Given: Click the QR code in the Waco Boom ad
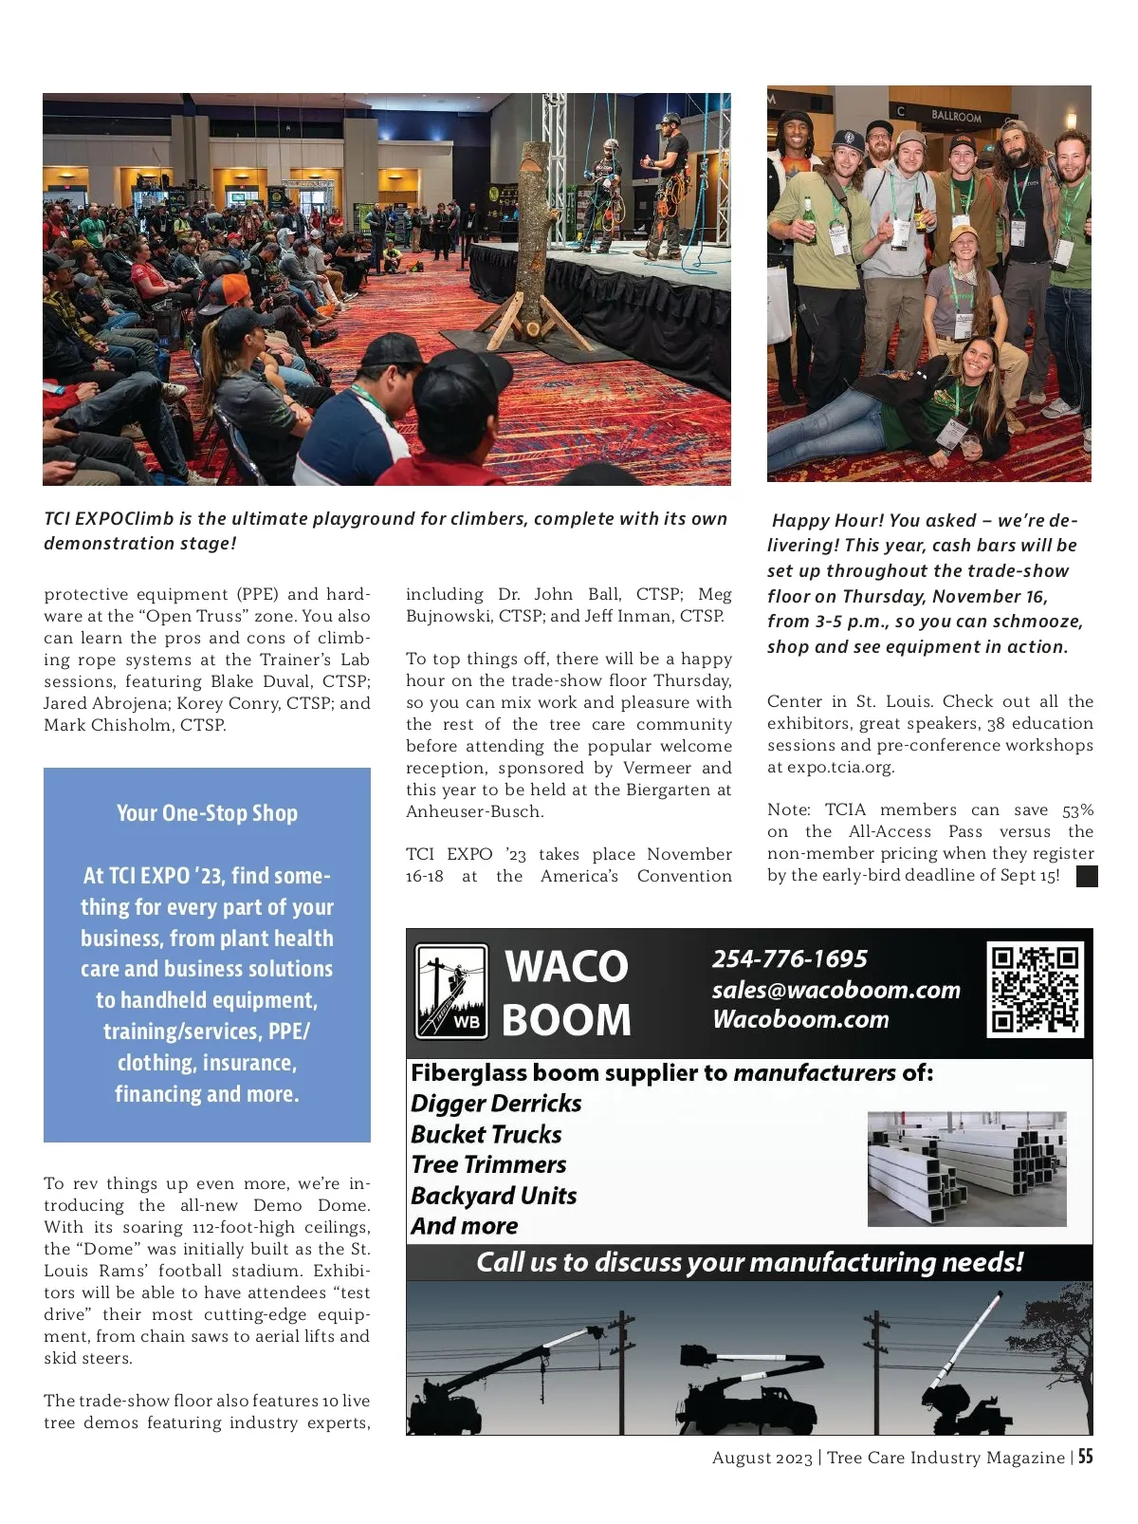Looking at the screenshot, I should (x=1035, y=990).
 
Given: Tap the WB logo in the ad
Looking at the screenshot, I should (x=452, y=992).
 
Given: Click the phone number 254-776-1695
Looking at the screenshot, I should (x=790, y=958).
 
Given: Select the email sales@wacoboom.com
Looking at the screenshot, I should (x=835, y=990).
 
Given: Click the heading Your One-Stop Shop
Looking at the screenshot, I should (x=207, y=813).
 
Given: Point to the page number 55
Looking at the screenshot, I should (x=1085, y=1457).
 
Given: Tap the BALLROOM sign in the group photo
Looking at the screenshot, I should (x=956, y=116).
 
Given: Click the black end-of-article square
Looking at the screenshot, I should (x=1087, y=876).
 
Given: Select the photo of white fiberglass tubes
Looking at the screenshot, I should (x=966, y=1168).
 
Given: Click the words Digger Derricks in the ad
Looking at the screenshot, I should (x=496, y=1104).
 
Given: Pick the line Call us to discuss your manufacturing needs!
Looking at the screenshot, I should (x=749, y=1262).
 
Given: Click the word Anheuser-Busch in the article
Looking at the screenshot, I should (x=475, y=811).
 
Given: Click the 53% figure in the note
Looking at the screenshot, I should (x=1077, y=810).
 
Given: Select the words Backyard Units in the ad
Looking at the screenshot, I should (x=494, y=1196).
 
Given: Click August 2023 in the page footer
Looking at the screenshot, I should (x=762, y=1458).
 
